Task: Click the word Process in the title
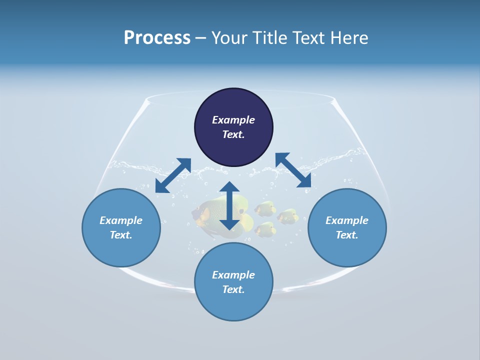point(157,38)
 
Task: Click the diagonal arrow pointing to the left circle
point(173,175)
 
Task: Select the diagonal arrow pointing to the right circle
point(293,170)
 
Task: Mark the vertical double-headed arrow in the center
point(229,205)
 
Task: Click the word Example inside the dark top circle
point(233,120)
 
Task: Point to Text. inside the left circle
point(121,235)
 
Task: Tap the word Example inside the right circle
point(347,220)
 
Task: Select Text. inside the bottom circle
point(233,289)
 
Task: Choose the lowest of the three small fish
point(265,229)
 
